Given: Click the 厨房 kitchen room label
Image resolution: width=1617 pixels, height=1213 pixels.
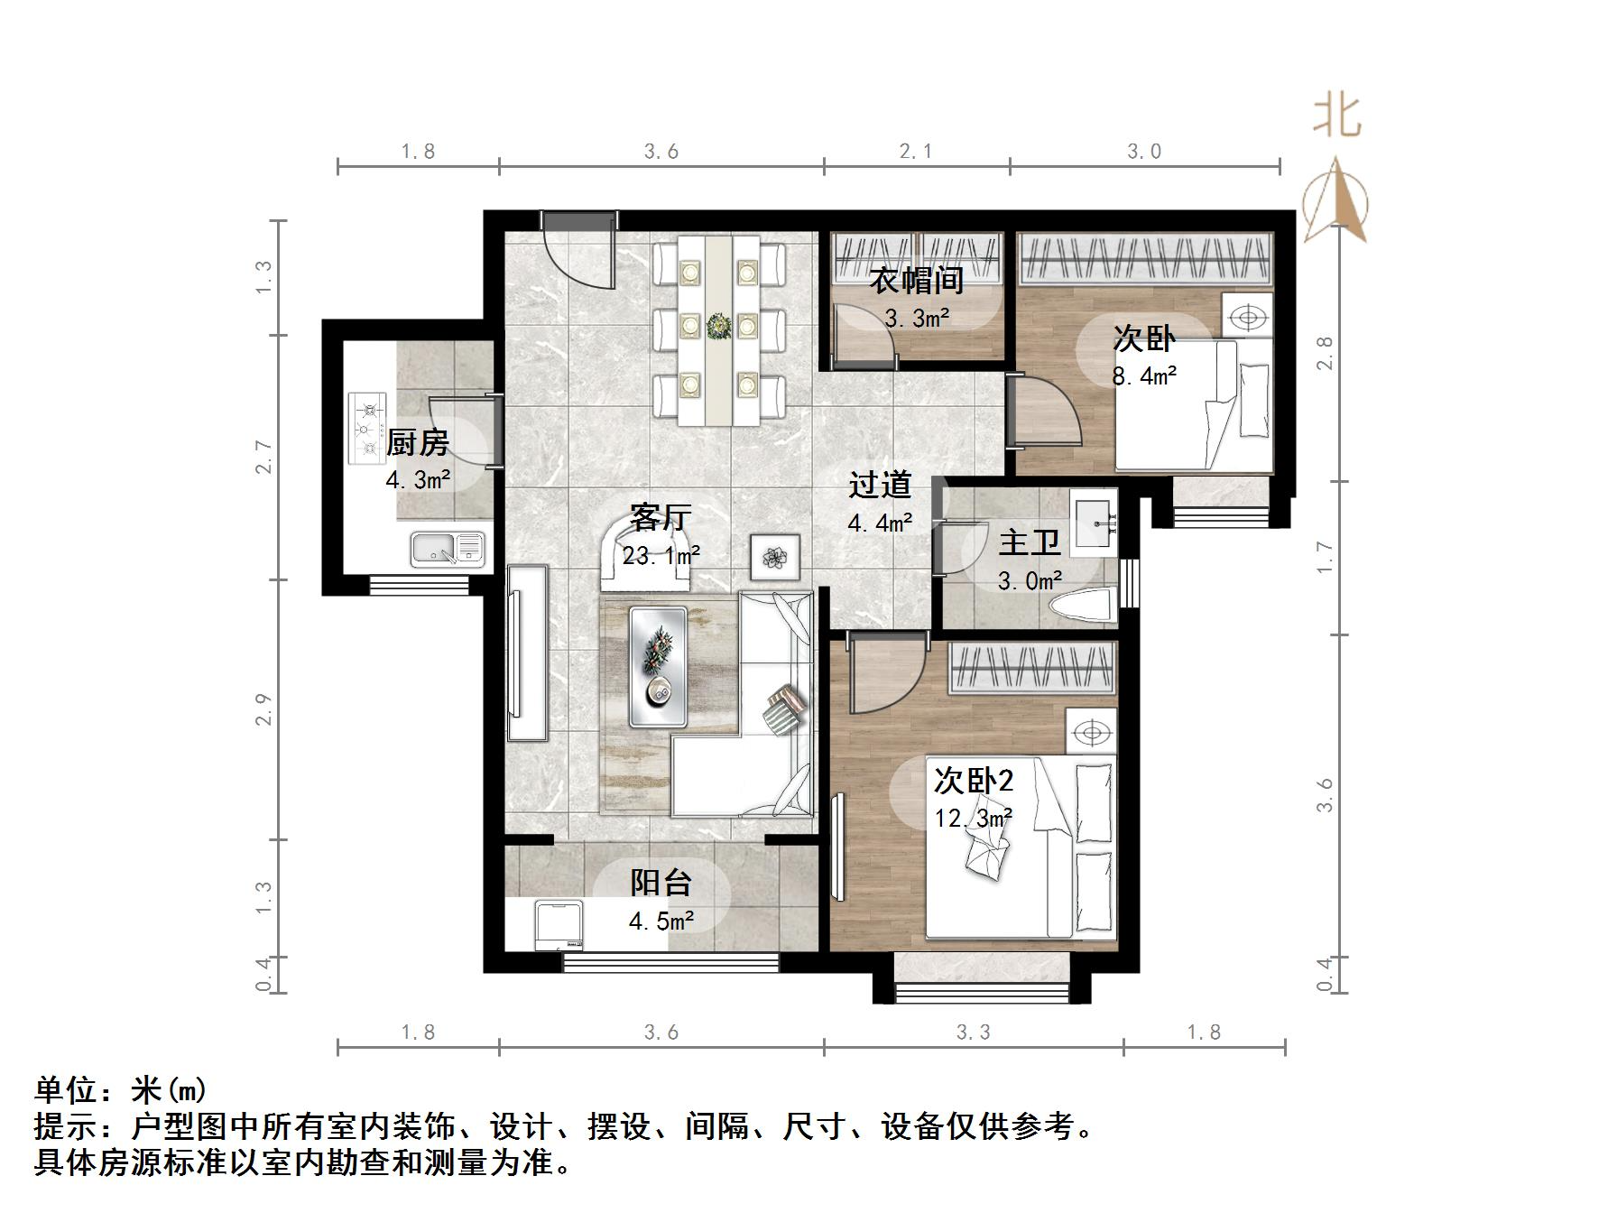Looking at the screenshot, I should (417, 443).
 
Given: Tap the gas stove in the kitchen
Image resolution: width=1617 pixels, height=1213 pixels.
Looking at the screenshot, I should (368, 428).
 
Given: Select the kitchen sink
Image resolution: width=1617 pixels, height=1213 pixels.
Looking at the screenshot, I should (447, 549).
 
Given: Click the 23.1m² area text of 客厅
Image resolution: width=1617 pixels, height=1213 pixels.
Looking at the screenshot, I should (661, 556).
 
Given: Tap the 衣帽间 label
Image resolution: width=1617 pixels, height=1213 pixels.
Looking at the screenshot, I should (916, 281).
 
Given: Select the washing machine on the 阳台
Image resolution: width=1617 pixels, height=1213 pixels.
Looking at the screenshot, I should (559, 924).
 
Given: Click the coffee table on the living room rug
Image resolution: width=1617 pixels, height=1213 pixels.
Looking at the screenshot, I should (658, 667).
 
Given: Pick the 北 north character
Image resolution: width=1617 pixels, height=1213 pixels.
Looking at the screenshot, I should (1336, 117).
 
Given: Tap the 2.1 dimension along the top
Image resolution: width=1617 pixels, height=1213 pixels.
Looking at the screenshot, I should (915, 152).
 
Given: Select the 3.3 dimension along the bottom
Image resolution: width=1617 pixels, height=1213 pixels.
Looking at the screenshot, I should (973, 1032).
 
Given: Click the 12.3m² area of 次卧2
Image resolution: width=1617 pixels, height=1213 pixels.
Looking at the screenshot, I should (973, 818).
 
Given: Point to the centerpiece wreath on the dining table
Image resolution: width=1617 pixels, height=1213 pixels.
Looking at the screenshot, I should (719, 326).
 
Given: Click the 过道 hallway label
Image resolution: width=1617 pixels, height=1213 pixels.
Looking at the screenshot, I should (880, 486).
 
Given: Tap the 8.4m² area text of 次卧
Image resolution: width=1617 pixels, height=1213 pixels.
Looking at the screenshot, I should (1144, 375).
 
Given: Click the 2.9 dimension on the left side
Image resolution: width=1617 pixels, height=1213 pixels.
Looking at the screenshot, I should (263, 709).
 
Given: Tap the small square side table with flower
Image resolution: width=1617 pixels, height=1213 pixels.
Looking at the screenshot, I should (775, 557).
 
